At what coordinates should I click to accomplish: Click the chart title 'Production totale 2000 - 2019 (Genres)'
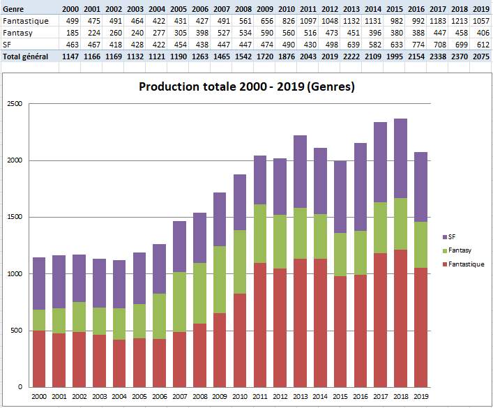click(247, 87)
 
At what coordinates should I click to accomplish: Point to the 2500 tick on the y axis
click(15, 104)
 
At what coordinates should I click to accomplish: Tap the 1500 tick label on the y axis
click(15, 217)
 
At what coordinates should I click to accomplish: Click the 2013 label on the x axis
click(301, 396)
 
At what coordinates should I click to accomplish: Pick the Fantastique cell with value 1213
click(460, 20)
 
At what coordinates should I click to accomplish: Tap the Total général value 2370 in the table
click(460, 56)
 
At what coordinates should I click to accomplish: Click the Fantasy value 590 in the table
click(266, 32)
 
